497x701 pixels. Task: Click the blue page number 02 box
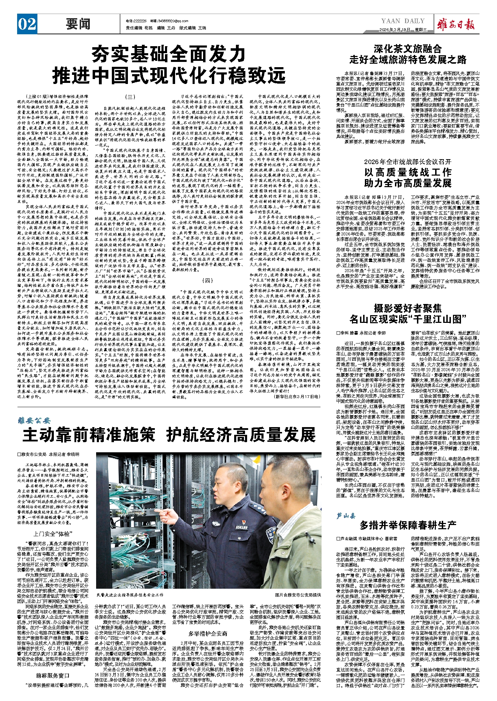point(27,24)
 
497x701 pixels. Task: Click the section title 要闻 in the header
point(78,24)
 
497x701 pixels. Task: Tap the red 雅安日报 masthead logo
point(456,24)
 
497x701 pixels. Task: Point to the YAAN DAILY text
point(403,21)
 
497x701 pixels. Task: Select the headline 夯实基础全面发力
point(168,54)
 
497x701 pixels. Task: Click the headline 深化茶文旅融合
point(408,49)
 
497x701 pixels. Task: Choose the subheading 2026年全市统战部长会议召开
point(408,162)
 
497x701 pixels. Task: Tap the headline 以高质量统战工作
point(408,172)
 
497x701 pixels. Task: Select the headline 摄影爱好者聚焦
point(408,308)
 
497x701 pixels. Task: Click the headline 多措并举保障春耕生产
point(408,525)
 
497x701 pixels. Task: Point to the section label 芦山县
point(346,516)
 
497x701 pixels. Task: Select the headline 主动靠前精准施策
point(89,435)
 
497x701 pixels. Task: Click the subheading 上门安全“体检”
point(52,534)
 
